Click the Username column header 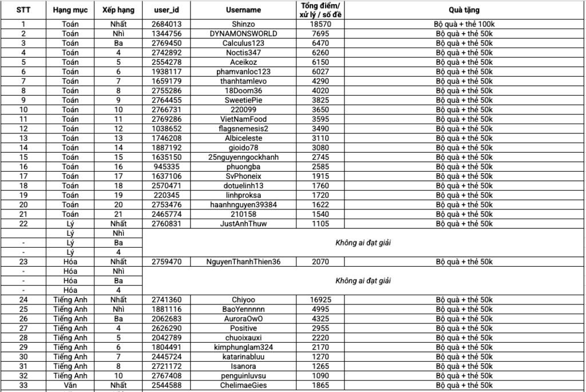(x=243, y=10)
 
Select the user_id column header (x=167, y=10)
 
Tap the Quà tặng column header (x=464, y=10)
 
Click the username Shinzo (x=243, y=24)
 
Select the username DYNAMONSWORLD (x=243, y=33)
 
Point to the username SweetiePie (x=243, y=100)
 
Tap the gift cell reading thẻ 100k (x=464, y=24)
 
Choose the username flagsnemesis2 (x=243, y=129)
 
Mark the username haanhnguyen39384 (x=243, y=204)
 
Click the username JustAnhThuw (x=243, y=223)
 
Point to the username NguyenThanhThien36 (x=243, y=262)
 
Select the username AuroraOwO (x=243, y=318)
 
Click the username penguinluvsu (x=243, y=375)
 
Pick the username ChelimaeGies (x=243, y=385)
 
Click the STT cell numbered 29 (x=23, y=347)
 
